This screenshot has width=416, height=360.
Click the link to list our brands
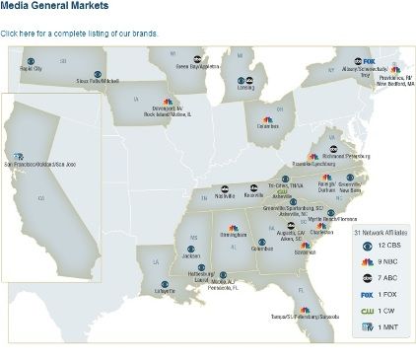pos(79,34)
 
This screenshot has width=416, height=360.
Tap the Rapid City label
pos(32,69)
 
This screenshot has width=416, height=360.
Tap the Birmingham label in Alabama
pos(233,236)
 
